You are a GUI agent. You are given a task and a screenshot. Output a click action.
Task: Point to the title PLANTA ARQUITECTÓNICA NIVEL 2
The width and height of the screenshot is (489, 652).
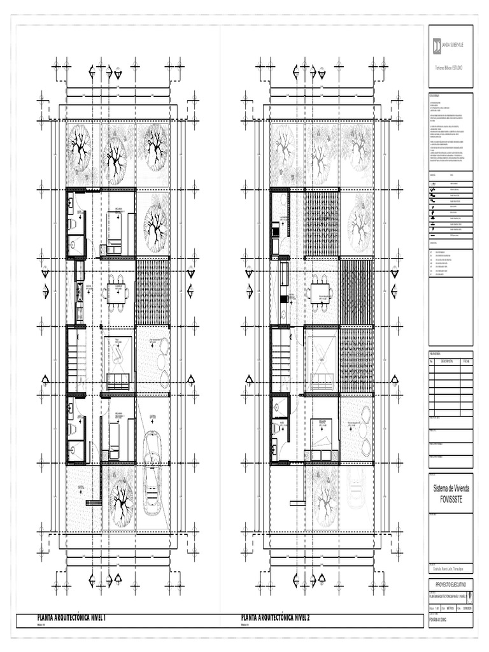coord(285,618)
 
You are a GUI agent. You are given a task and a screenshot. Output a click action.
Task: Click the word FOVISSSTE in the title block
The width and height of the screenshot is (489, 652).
coord(451,500)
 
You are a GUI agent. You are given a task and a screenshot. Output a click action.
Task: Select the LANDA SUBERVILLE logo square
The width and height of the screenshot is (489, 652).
coord(437,46)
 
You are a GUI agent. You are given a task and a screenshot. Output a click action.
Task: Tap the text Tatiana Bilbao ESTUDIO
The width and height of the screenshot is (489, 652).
coord(451,67)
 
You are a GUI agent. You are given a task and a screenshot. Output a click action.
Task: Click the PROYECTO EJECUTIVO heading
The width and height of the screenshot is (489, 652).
coord(451,583)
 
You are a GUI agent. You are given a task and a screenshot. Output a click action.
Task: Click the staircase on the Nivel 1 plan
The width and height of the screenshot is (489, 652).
coord(76,360)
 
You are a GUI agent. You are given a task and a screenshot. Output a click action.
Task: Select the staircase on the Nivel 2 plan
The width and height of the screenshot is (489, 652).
coord(280,360)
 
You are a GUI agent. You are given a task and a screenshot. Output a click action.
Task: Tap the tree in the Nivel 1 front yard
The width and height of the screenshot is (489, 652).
coord(118,497)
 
